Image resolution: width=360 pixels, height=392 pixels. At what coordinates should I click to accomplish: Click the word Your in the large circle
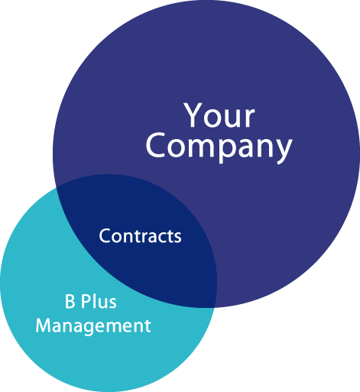[219, 115]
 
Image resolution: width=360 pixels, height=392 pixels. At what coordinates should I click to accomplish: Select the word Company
[219, 147]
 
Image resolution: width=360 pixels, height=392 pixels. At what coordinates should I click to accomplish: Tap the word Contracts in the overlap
[140, 236]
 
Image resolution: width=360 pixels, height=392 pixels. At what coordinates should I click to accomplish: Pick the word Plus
[99, 301]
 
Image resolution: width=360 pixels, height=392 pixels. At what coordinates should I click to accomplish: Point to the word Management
[93, 326]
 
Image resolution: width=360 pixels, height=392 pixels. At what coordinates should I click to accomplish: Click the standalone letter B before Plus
[70, 301]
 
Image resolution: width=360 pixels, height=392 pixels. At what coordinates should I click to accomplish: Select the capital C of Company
[155, 146]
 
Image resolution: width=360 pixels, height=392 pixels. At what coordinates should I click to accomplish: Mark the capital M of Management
[43, 326]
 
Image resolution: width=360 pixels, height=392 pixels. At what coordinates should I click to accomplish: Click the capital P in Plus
[86, 301]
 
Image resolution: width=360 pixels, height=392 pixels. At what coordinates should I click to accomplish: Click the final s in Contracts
[177, 238]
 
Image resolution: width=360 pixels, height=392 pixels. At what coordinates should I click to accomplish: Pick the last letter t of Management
[148, 326]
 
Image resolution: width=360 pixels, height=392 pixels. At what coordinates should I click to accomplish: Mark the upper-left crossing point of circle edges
[57, 188]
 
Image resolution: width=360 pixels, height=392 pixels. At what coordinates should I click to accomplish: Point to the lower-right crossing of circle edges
[215, 307]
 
